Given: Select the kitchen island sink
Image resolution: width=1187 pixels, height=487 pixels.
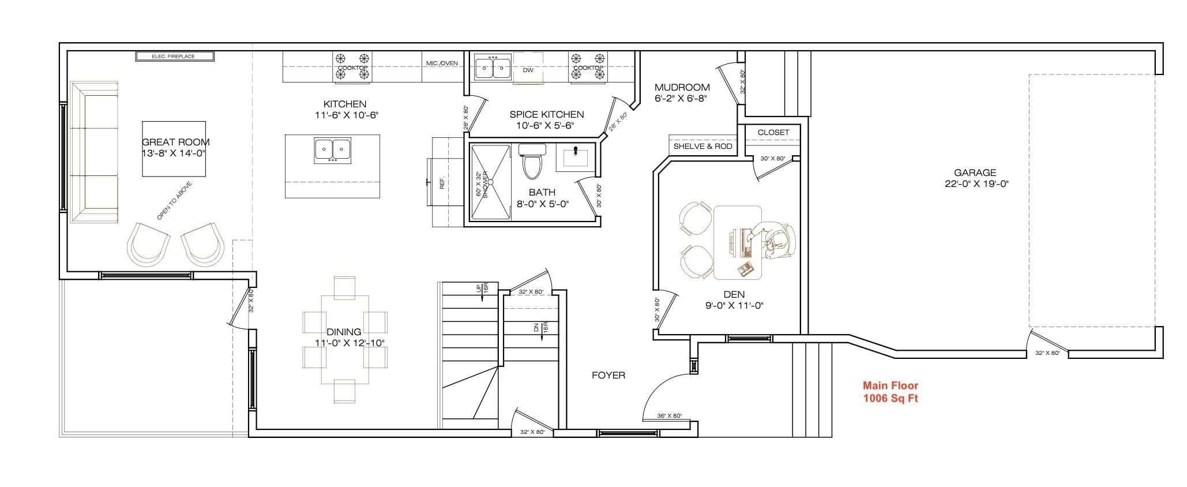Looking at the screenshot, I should click(333, 150).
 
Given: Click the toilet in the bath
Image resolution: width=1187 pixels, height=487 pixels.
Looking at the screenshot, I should click(532, 162).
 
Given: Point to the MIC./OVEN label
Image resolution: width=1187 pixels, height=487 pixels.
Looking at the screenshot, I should click(442, 63).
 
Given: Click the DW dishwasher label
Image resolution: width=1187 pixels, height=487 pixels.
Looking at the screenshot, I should click(528, 70).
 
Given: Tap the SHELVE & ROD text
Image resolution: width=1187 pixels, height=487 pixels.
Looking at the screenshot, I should click(703, 147).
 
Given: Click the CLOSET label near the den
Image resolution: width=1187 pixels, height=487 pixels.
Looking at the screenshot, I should click(773, 132).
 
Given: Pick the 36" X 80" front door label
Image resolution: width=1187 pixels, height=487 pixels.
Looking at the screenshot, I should click(669, 416).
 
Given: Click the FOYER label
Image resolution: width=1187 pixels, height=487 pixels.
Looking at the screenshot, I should click(608, 376).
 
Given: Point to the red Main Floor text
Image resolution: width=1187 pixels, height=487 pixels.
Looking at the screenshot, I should click(890, 385).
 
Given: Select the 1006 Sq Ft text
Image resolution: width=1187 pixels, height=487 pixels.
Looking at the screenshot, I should click(890, 398).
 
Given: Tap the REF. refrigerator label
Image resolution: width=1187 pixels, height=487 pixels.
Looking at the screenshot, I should click(442, 183).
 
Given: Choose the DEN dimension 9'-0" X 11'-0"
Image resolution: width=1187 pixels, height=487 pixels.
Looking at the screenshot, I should click(734, 306).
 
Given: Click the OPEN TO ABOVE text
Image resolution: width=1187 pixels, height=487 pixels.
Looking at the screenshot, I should click(174, 201).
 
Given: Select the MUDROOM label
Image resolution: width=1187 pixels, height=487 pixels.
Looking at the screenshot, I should click(682, 87).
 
